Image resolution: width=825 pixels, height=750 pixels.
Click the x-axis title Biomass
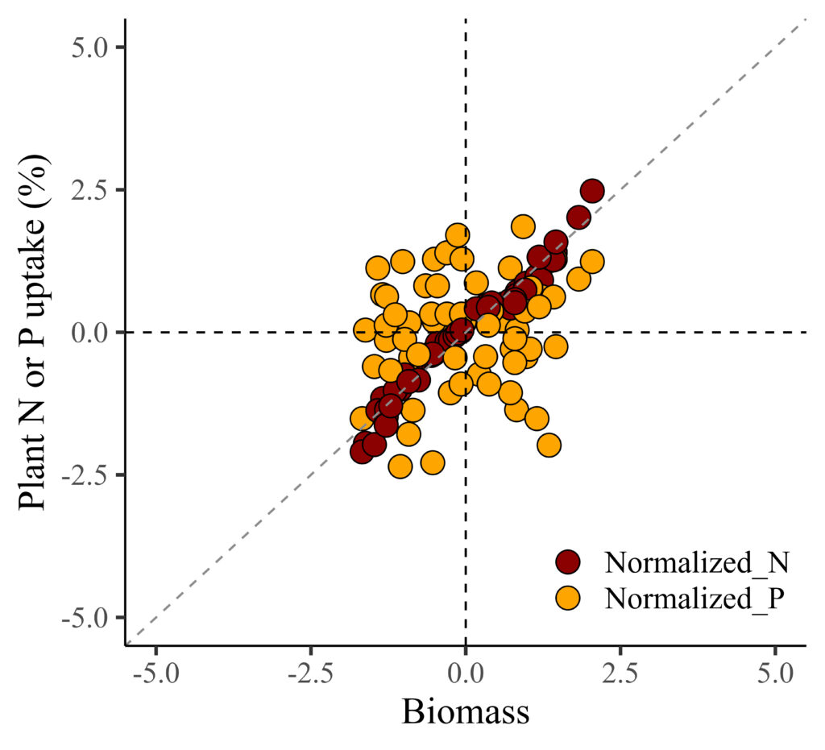point(465,712)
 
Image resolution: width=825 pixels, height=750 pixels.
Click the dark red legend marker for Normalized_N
point(569,562)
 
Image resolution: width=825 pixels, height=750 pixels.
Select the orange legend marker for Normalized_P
point(569,598)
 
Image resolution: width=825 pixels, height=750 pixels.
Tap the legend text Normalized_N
point(696,562)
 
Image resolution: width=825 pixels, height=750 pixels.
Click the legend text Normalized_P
point(695,598)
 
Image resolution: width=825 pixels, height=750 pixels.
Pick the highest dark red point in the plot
point(592,191)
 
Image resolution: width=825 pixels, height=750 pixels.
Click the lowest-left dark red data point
point(362,452)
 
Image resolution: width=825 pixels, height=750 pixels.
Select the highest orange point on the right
point(523,226)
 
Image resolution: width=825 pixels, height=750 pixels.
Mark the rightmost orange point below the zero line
point(556,346)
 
